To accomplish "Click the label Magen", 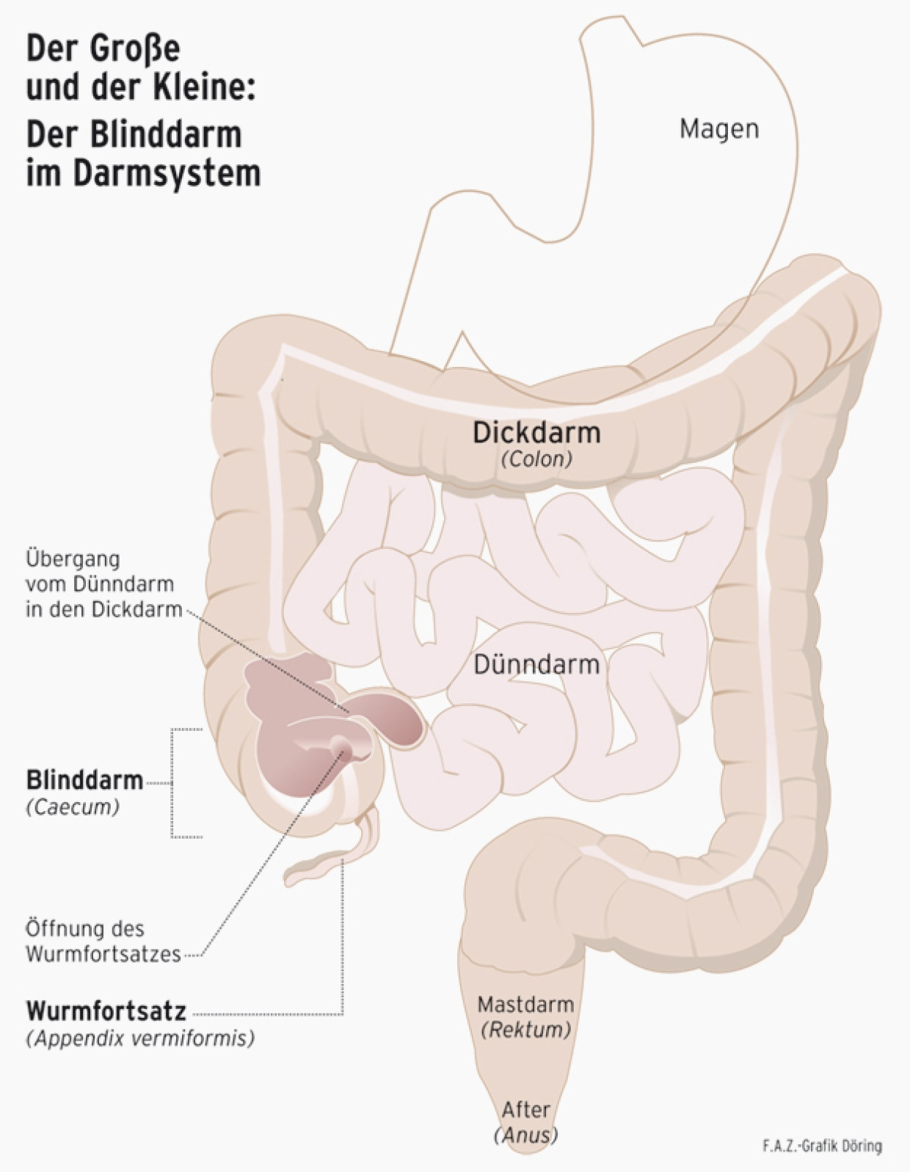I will [x=718, y=129].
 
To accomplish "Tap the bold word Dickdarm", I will [x=536, y=432].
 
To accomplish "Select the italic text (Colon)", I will [x=536, y=459].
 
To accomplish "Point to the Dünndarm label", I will [x=536, y=664].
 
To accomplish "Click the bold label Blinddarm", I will [x=84, y=780].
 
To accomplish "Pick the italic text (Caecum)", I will [x=73, y=807].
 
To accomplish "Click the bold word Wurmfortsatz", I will [x=106, y=1011].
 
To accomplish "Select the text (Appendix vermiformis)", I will [x=140, y=1039].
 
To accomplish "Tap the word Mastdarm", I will [x=525, y=1004].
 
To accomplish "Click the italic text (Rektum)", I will [x=525, y=1030].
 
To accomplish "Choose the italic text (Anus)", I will [x=525, y=1135].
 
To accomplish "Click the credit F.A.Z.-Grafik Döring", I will [x=822, y=1146].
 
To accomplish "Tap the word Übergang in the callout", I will [x=73, y=559].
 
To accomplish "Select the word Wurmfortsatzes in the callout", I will [x=103, y=954].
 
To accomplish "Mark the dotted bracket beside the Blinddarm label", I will [x=173, y=783].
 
